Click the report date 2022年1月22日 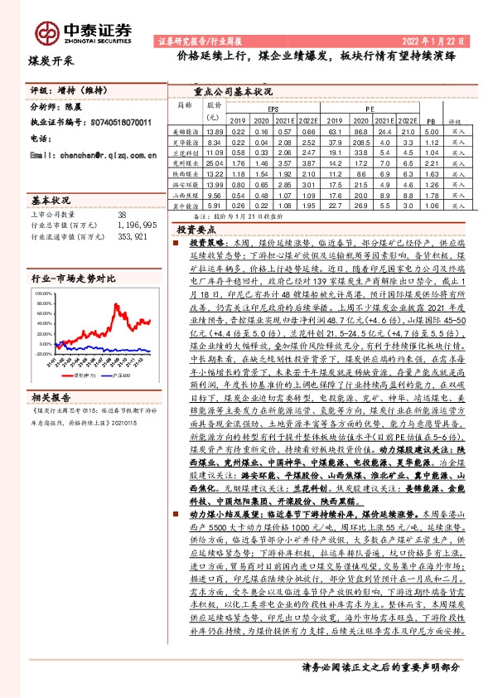pos(437,40)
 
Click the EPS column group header pos(273,109)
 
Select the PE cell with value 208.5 pos(361,143)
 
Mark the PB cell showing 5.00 pos(429,132)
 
